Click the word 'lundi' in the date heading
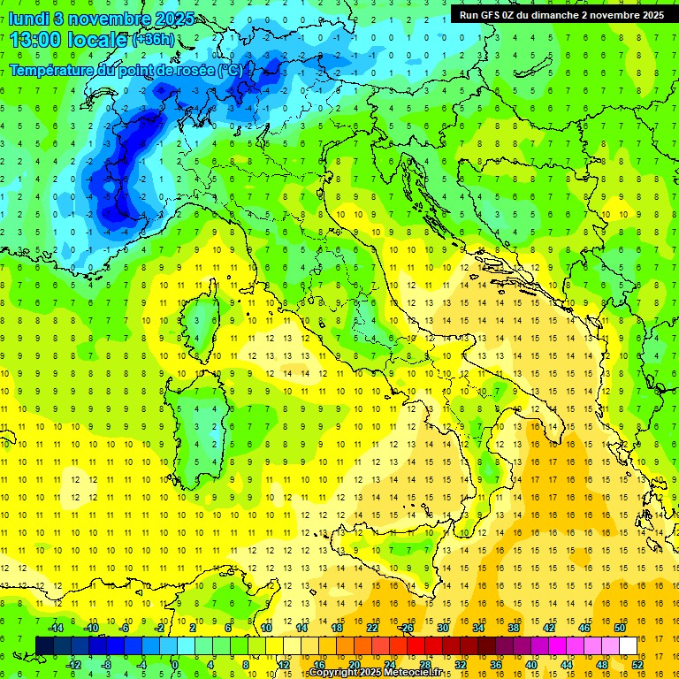tap(28, 19)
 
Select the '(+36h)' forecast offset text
tap(153, 41)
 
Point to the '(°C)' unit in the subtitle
tap(230, 70)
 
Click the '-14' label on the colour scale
tap(55, 628)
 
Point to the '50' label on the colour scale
tap(620, 628)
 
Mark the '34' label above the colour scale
tap(478, 628)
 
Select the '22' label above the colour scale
tap(372, 628)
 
